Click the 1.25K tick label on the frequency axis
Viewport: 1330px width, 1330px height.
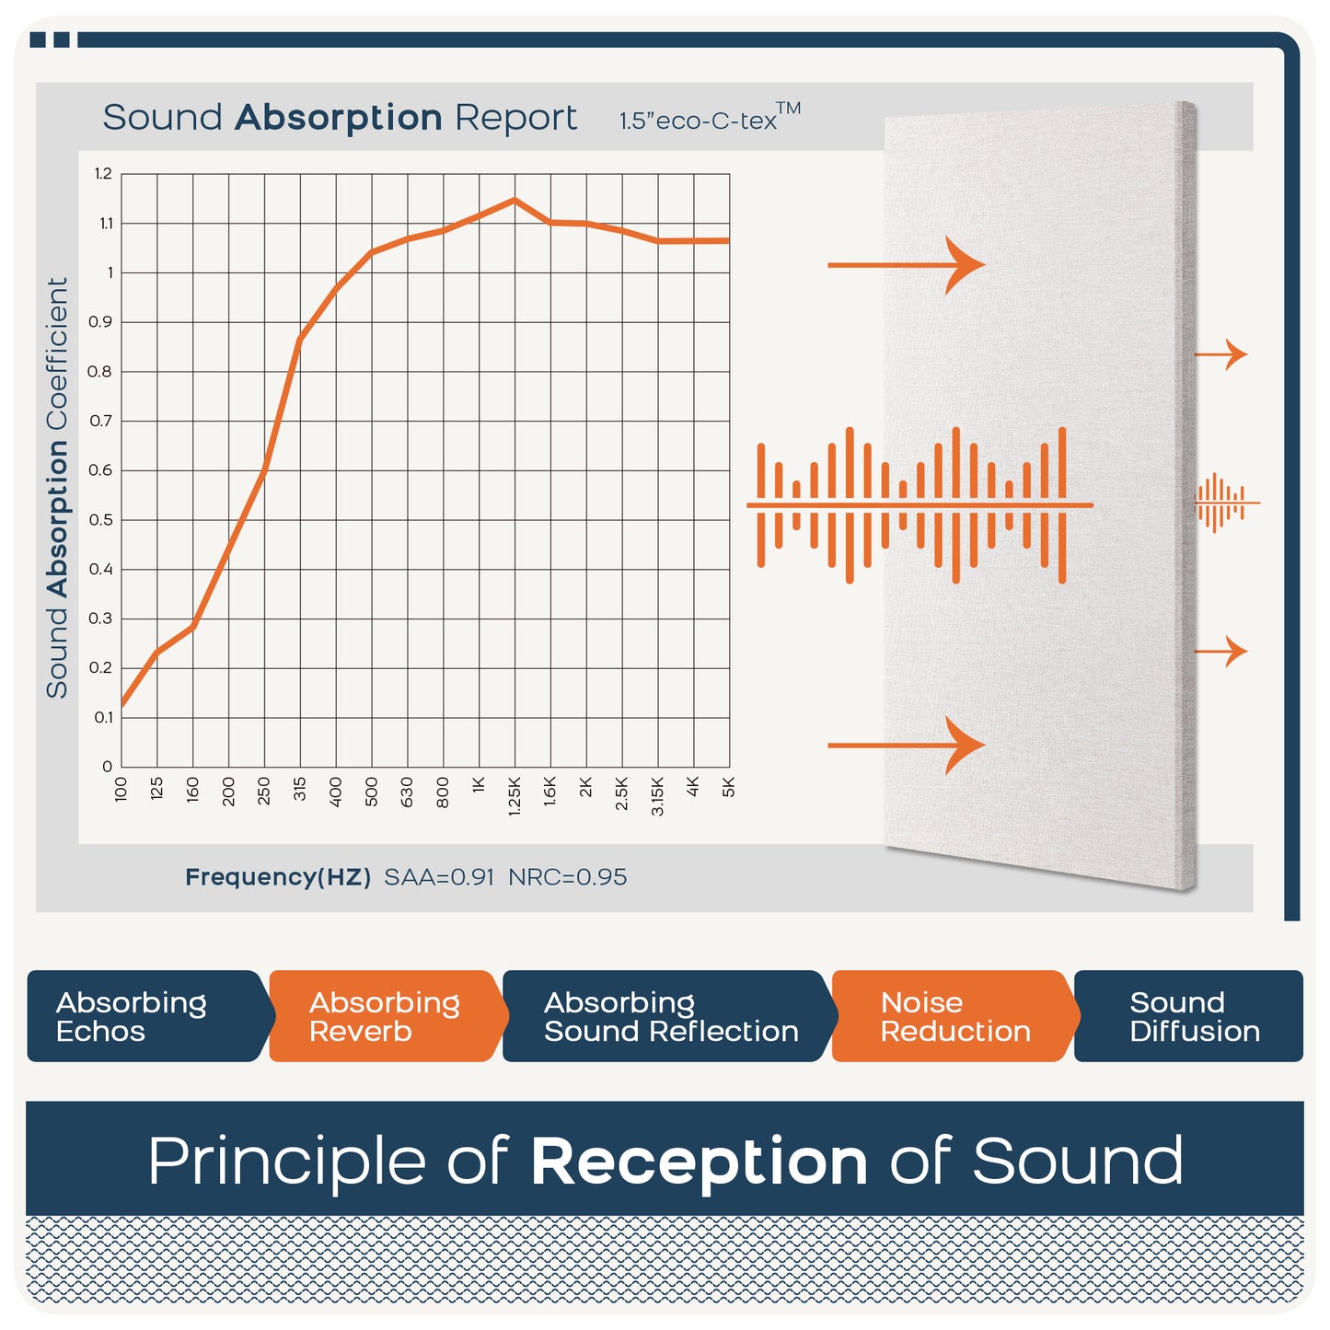tap(515, 796)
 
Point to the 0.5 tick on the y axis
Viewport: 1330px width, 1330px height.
tap(100, 520)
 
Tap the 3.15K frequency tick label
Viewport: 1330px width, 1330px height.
tap(657, 796)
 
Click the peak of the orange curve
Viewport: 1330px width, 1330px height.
tap(515, 200)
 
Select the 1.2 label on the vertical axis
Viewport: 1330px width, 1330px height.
tap(103, 174)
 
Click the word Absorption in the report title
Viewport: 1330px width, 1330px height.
tap(338, 117)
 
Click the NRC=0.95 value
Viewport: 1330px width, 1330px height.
tap(567, 877)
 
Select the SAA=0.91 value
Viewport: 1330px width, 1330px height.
tap(439, 877)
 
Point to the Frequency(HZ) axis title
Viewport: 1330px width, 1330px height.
tap(278, 877)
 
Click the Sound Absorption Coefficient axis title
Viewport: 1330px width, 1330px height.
tap(57, 488)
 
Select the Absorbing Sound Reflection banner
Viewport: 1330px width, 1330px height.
tap(670, 1016)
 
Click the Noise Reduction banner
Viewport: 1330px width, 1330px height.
tap(955, 1016)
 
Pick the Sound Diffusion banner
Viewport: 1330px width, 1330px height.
tap(1188, 1016)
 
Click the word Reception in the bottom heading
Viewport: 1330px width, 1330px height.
tap(699, 1162)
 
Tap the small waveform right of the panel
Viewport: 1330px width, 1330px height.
tap(1227, 503)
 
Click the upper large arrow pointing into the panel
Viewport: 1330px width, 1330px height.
tap(907, 265)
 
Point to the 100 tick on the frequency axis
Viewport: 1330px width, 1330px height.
tap(121, 789)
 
